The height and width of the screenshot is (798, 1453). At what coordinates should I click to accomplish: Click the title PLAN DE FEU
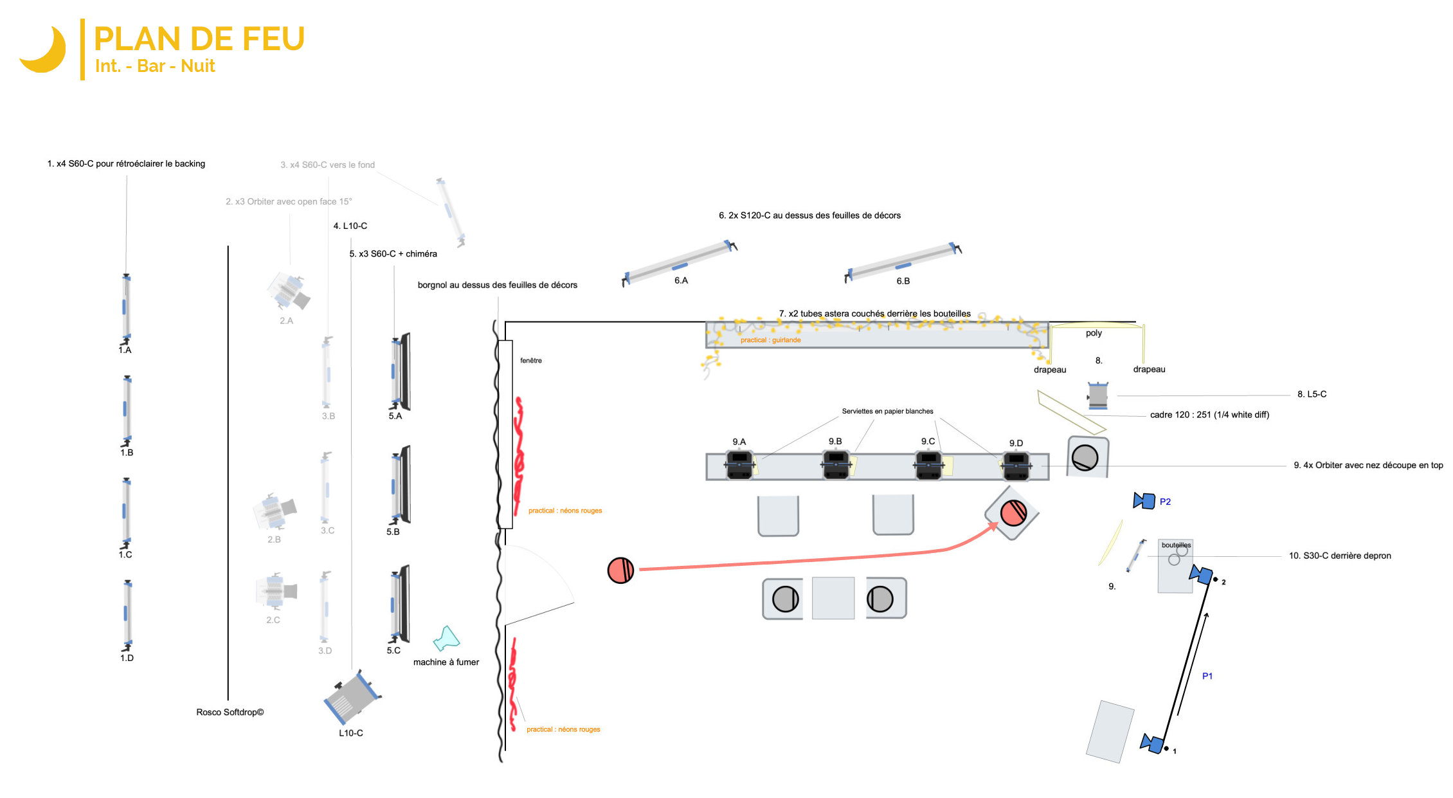tap(199, 39)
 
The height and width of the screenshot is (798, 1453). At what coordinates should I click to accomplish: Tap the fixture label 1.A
tap(125, 350)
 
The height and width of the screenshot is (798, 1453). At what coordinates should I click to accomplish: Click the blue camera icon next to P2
tap(1144, 500)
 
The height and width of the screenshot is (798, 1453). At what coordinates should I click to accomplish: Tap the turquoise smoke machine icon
tap(447, 638)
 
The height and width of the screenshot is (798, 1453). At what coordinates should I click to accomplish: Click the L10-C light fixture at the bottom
tap(352, 698)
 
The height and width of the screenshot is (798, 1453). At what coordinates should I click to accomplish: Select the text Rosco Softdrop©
tap(230, 712)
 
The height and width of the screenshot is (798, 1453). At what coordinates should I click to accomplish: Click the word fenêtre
tap(531, 361)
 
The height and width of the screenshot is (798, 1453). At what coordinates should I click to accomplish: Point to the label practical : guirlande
tap(770, 340)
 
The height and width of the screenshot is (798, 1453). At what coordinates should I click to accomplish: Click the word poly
tap(1094, 333)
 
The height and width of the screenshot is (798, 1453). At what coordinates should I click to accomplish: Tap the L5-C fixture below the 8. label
tap(1097, 395)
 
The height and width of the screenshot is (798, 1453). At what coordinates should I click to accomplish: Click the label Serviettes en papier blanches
tap(887, 412)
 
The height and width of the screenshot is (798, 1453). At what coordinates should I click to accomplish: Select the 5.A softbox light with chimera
tap(401, 372)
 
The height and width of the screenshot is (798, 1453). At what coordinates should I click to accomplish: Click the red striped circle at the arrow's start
tap(620, 570)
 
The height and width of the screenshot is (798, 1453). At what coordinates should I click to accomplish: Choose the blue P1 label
tap(1207, 676)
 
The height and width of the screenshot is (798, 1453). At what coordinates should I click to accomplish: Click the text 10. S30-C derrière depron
tap(1340, 556)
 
